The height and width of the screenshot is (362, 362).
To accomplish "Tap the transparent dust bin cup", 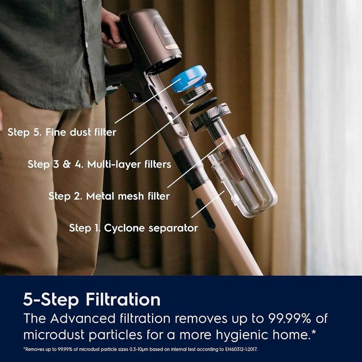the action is (243, 176).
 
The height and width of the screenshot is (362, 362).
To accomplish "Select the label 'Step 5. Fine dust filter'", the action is (62, 132).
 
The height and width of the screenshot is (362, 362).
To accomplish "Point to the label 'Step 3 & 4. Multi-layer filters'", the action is (99, 164).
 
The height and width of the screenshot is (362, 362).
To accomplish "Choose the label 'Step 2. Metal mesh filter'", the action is (109, 196).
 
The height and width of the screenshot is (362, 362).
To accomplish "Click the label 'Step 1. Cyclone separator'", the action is (133, 228).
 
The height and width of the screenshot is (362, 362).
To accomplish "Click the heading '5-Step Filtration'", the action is (92, 299).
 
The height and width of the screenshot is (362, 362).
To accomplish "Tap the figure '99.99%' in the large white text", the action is (289, 319).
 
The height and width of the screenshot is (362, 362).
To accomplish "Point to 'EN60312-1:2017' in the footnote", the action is (242, 350).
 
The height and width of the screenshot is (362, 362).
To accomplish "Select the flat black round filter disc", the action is (203, 105).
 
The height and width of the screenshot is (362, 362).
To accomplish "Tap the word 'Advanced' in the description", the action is (83, 319).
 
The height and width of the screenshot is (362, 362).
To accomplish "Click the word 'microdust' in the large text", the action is (54, 335).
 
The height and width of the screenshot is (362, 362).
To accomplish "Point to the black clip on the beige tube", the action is (205, 214).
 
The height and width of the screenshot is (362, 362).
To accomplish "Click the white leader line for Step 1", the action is (208, 204).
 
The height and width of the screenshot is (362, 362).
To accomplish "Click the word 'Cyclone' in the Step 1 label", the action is (124, 229).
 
